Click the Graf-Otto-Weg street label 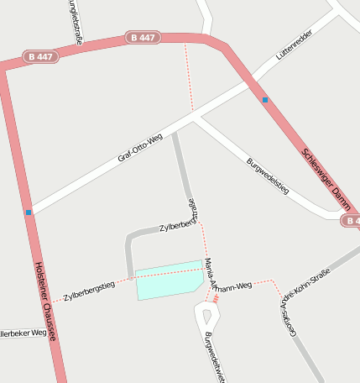tap(139, 148)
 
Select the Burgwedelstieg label tap(267, 176)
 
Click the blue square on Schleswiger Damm tap(265, 100)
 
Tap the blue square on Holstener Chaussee tap(29, 212)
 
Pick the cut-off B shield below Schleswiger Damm tap(352, 221)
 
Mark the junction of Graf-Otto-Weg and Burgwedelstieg tap(193, 119)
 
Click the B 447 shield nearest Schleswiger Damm tap(143, 38)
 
